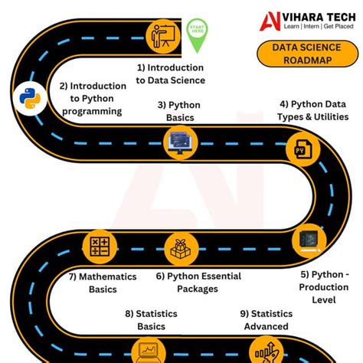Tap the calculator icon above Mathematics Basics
pyautogui.click(x=100, y=246)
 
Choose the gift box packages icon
pyautogui.click(x=181, y=247)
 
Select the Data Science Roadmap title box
pyautogui.click(x=300, y=55)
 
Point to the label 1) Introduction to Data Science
pyautogui.click(x=171, y=74)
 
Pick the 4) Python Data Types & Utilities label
pyautogui.click(x=314, y=110)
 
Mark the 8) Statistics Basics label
pyautogui.click(x=151, y=320)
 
